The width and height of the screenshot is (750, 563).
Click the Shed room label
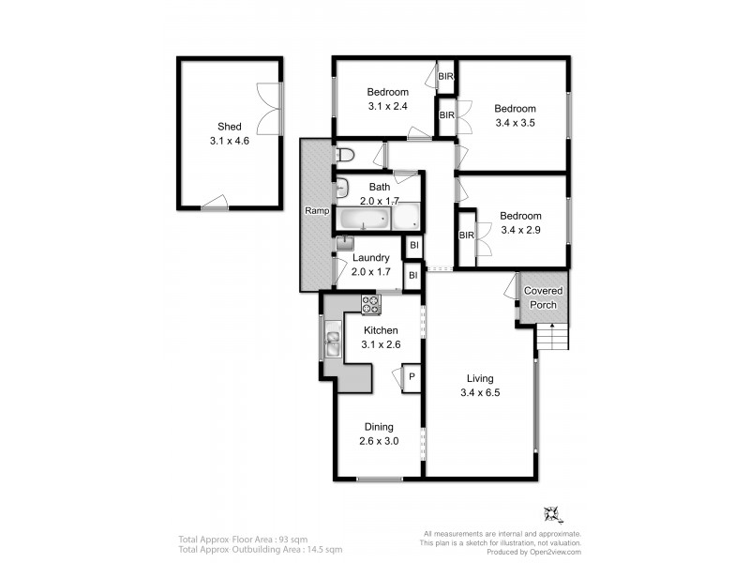(229, 127)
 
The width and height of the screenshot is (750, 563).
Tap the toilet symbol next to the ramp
(344, 155)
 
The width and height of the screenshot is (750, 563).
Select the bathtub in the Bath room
(364, 219)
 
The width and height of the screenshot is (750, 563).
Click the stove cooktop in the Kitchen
(370, 304)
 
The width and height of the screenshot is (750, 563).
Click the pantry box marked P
(412, 378)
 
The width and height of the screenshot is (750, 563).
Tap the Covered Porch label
(543, 297)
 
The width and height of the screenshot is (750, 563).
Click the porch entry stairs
(552, 337)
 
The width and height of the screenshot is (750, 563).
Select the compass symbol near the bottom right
(552, 514)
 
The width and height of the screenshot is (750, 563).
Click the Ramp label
(317, 210)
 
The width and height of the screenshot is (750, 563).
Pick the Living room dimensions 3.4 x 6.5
(480, 392)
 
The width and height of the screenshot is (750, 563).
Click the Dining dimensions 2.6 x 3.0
(379, 441)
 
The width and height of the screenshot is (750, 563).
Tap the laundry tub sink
(344, 243)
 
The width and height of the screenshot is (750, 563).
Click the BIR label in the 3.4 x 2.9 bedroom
(466, 236)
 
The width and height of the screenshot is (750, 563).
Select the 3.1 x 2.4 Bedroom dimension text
(387, 106)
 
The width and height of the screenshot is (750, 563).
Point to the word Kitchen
(381, 330)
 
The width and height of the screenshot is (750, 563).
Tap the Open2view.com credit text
(555, 552)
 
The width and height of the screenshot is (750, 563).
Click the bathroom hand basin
(342, 188)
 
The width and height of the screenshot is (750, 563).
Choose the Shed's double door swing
(268, 109)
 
